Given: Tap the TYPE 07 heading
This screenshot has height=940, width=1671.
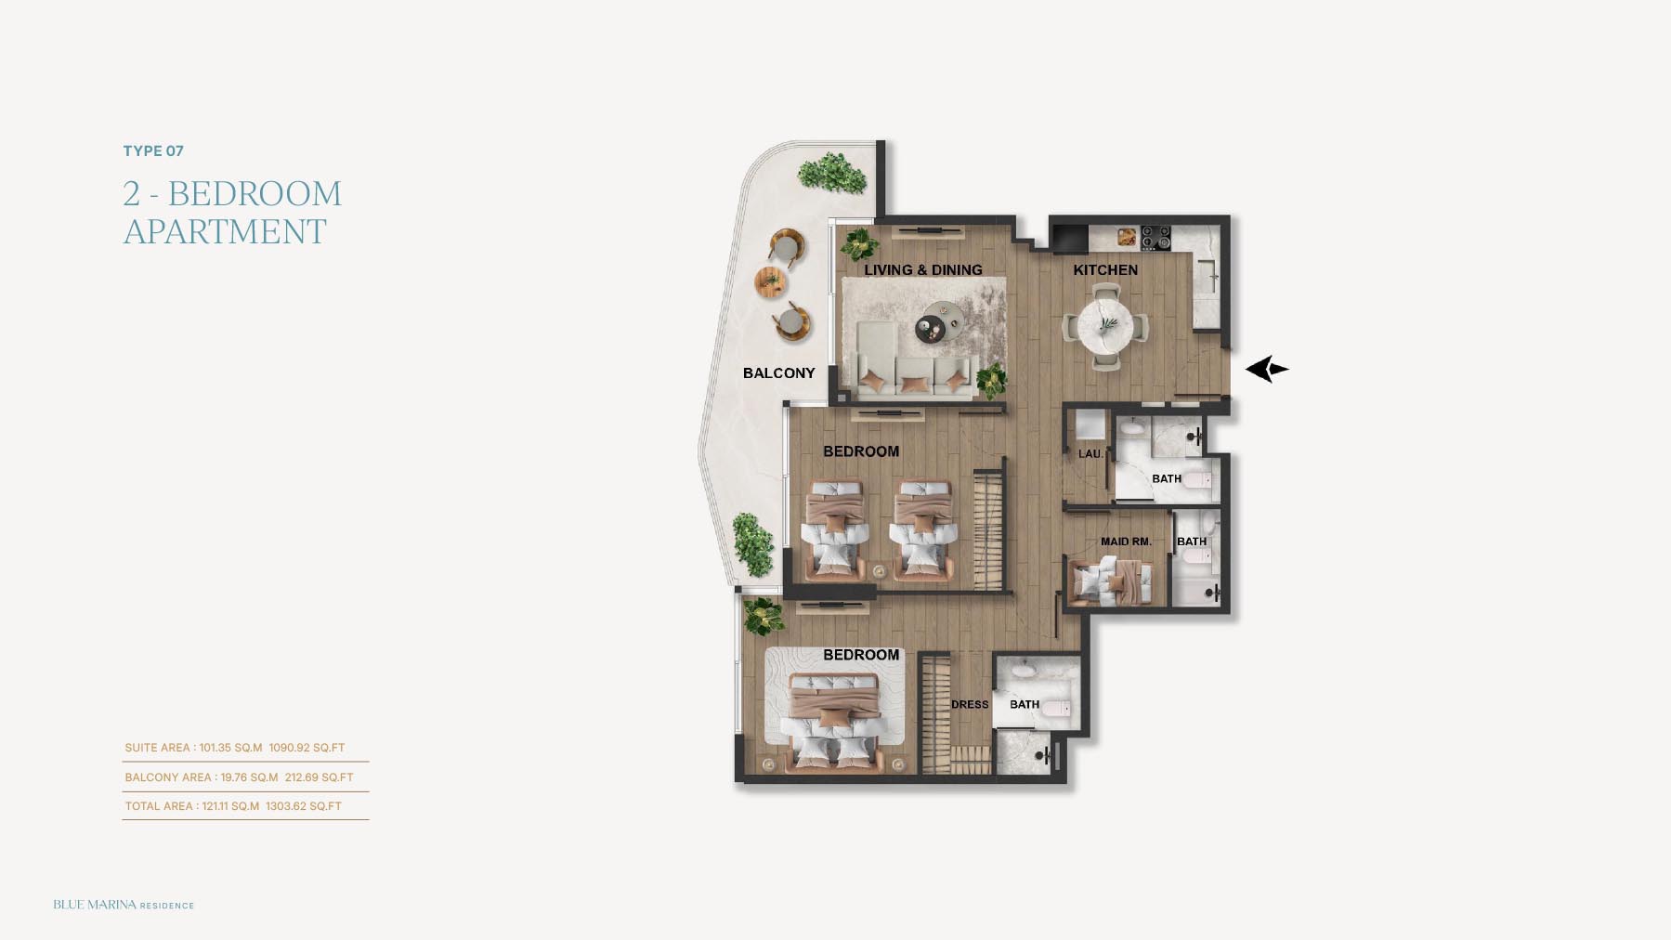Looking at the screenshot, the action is [x=153, y=150].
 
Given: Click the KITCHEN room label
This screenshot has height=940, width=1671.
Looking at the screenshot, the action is [x=1105, y=270].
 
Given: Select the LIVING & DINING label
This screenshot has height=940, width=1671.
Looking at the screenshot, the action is [x=923, y=270].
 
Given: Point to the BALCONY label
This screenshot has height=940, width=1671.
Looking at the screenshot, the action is [x=778, y=373].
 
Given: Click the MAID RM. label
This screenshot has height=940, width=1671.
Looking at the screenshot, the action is [x=1126, y=542].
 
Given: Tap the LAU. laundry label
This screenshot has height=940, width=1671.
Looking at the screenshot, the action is [x=1090, y=454].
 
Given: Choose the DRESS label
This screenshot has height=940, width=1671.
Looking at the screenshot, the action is [x=970, y=705].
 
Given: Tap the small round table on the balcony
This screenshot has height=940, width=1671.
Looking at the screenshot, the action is [x=770, y=281].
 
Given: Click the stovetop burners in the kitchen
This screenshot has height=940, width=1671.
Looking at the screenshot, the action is [x=1155, y=238].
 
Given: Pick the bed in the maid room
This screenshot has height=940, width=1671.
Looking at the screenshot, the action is [x=1112, y=581].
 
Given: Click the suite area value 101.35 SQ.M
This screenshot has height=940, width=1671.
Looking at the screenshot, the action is [x=230, y=748].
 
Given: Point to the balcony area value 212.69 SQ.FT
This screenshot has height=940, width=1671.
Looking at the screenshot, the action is [x=319, y=777].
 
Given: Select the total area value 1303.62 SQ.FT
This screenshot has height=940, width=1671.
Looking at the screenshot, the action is [x=304, y=806].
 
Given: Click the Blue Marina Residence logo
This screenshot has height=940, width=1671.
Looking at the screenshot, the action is [x=124, y=905].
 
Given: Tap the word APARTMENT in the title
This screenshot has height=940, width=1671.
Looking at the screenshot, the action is [x=225, y=231].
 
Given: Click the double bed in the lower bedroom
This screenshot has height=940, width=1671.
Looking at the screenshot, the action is [x=834, y=723].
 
